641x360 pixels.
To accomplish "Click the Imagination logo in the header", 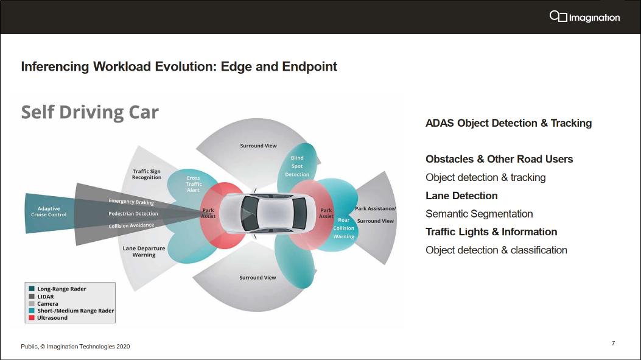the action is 584,17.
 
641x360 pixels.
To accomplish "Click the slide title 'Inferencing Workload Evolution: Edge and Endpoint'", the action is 179,66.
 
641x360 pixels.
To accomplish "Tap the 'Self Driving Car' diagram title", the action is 90,112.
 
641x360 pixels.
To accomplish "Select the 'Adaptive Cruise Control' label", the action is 49,211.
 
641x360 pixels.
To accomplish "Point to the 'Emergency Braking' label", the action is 131,202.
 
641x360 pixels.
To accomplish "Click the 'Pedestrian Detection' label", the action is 133,214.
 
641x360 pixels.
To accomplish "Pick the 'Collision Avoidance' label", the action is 131,225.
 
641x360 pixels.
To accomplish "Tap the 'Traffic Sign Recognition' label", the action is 147,174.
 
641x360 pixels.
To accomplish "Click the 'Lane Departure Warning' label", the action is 144,252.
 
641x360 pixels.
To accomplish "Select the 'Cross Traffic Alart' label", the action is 193,184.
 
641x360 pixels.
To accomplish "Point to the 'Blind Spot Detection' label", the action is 297,166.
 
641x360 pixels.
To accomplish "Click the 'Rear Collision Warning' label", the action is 344,228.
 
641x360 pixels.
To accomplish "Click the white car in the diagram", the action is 268,214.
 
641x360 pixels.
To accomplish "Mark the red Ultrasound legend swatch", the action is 32,317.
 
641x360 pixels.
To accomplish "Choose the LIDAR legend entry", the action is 46,297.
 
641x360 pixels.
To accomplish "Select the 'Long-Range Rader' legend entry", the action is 61,289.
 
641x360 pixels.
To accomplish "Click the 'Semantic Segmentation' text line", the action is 479,214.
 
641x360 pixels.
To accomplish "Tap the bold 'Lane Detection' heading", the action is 461,196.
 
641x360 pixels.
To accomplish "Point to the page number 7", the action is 613,344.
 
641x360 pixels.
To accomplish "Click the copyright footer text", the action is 75,347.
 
